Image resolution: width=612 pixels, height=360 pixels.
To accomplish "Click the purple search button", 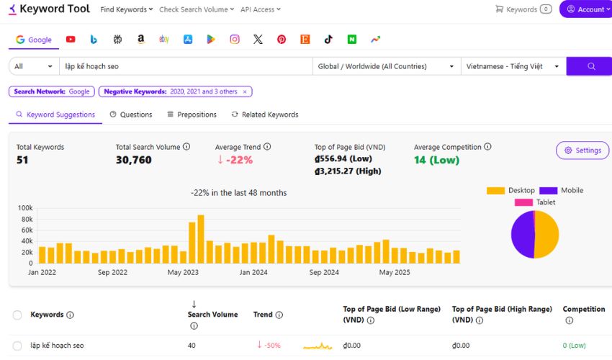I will [590, 66].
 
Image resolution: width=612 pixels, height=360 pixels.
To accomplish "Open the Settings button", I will [582, 150].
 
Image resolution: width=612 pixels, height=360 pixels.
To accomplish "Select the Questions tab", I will [131, 114].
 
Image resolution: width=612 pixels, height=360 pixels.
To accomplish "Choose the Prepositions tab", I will [192, 114].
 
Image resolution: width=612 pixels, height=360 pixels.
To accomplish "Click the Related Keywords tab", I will [264, 114].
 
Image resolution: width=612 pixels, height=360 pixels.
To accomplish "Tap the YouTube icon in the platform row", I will [71, 40].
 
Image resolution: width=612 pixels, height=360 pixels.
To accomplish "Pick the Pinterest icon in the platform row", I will [282, 40].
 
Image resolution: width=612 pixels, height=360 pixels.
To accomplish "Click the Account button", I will [585, 9].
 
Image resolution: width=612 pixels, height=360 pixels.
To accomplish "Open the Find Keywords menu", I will [127, 9].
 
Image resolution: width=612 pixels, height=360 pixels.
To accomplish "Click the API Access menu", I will [260, 9].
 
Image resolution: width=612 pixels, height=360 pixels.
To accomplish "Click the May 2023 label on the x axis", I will [183, 273].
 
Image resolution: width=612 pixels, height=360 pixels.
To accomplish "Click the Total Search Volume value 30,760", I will [134, 160].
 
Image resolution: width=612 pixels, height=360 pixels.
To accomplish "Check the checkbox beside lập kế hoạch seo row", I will [17, 346].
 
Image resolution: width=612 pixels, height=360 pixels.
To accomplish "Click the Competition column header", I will [583, 309].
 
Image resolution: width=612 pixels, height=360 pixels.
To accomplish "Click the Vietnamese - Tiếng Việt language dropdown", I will [513, 66].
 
